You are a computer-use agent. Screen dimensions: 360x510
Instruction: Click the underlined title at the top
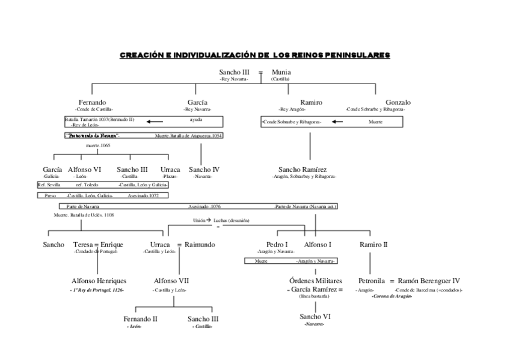pos(254,55)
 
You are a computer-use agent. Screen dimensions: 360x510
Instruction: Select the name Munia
pos(281,72)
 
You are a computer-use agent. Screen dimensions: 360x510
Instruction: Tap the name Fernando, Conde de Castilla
pos(93,102)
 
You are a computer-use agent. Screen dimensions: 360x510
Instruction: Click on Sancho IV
pos(203,169)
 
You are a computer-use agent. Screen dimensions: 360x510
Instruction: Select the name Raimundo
pos(199,245)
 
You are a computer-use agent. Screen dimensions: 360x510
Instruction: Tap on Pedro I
pos(277,245)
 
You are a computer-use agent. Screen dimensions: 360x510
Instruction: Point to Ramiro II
pos(373,245)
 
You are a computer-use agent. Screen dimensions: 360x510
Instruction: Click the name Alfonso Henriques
pos(99,281)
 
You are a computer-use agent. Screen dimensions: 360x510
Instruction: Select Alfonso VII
pos(171,281)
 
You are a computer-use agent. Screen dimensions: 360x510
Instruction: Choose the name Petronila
pos(371,281)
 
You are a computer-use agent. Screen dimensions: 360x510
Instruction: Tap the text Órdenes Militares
pos(315,281)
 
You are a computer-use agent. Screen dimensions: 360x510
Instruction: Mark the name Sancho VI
pos(315,316)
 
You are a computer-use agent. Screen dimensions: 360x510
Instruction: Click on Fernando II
pos(140,319)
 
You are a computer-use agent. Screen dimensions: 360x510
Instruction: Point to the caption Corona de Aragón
pos(392,296)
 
